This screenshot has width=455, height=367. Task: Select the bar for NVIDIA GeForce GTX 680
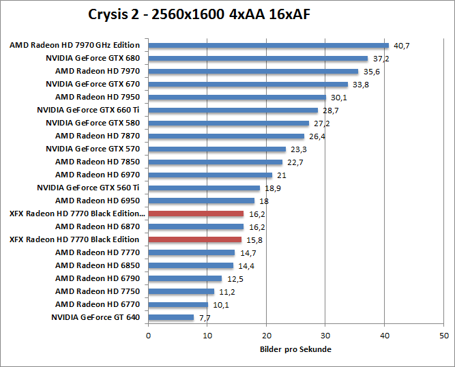(258, 59)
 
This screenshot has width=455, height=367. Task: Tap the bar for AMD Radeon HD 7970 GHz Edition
(268, 46)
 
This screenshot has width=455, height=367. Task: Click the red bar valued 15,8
(194, 239)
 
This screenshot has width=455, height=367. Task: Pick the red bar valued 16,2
(196, 214)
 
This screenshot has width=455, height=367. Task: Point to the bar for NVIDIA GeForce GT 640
(171, 317)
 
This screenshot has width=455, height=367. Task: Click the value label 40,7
(401, 46)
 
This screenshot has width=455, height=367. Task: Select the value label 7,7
(205, 318)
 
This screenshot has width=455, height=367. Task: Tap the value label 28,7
(330, 111)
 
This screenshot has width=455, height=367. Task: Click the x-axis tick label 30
(325, 336)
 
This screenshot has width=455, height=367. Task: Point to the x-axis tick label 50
(444, 336)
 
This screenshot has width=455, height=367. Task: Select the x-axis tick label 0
(148, 336)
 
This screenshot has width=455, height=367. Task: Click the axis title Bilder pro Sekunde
(295, 349)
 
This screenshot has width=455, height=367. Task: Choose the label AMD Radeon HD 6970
(97, 175)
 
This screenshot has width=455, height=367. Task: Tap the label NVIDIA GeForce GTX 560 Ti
(88, 188)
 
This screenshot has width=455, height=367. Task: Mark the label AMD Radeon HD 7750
(97, 291)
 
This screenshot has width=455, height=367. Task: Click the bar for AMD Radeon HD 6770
(178, 304)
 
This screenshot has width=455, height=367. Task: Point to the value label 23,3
(298, 149)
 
